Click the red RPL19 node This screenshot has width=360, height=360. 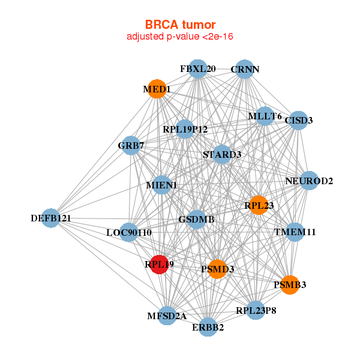click(160, 265)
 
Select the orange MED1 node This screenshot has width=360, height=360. click(157, 89)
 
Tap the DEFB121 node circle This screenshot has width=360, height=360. click(51, 218)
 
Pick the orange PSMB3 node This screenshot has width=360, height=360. click(290, 284)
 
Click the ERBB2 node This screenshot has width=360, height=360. click(208, 327)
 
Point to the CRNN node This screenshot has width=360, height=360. click(245, 69)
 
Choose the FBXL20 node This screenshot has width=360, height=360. click(197, 69)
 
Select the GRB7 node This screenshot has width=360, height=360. click(131, 146)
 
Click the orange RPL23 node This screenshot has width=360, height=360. click(259, 205)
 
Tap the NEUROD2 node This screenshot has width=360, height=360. click(309, 181)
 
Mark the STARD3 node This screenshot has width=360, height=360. click(222, 154)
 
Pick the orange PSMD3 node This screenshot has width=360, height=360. click(217, 269)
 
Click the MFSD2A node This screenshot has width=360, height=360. click(167, 316)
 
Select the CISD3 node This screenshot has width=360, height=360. click(298, 121)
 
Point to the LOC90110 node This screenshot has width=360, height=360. click(129, 232)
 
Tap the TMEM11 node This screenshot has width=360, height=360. click(295, 232)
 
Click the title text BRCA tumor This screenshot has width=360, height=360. click(180, 25)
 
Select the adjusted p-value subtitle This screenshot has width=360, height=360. click(180, 37)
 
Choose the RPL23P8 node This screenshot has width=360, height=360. click(256, 310)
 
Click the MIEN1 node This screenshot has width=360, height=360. click(162, 185)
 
